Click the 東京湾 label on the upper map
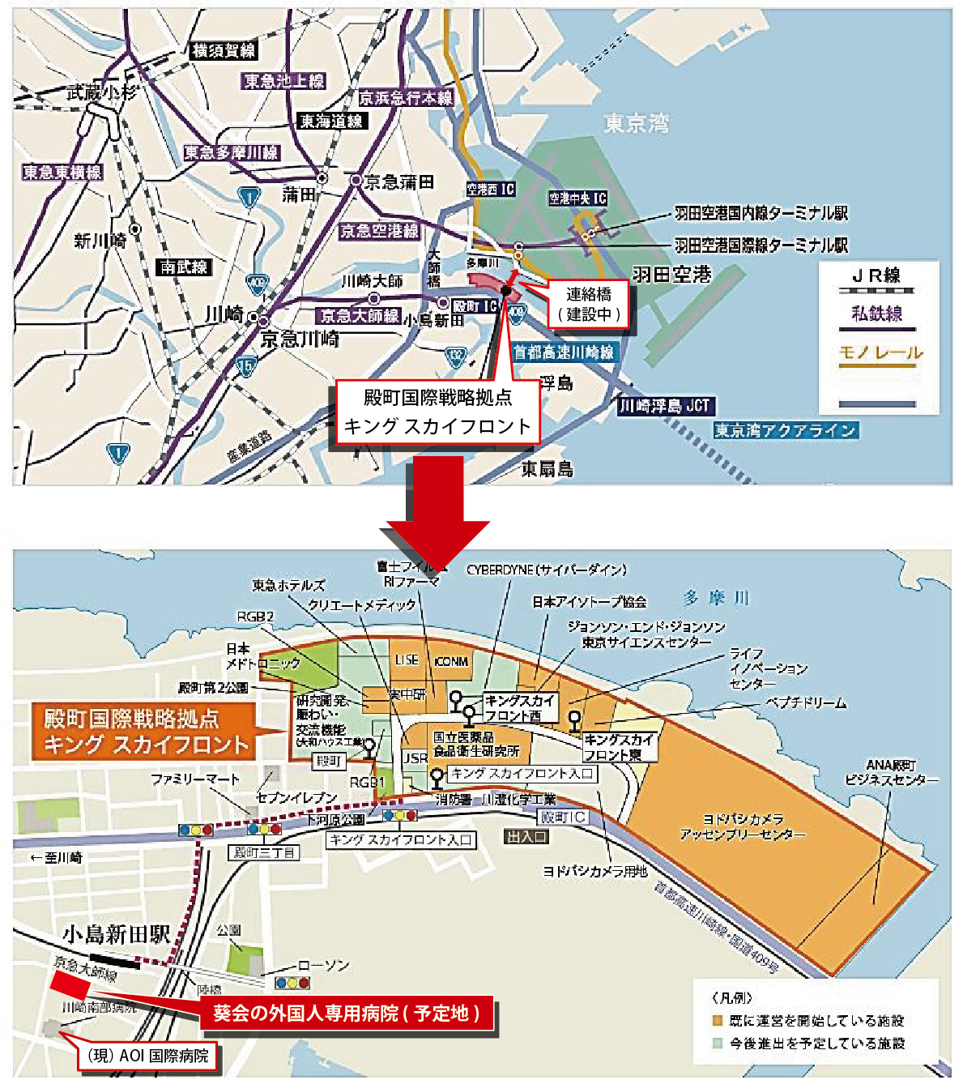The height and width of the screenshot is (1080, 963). pos(637,124)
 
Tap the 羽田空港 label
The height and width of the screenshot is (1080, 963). pos(671,275)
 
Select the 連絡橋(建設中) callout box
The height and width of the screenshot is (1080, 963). pos(589,305)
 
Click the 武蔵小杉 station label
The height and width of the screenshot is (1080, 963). pos(100,92)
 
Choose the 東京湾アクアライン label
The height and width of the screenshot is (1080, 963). pos(785,430)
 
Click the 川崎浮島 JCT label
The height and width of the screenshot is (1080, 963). pos(666,406)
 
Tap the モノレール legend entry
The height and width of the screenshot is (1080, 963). pos(880,353)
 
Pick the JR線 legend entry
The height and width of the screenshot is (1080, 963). pos(876,275)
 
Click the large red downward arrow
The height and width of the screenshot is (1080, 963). pos(437,510)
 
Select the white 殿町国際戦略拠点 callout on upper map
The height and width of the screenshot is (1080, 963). pos(437,412)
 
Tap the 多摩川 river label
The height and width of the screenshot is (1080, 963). pos(716,599)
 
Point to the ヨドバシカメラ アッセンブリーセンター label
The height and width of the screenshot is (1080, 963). pos(743,826)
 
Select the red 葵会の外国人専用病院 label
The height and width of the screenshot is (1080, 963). pos(346,1014)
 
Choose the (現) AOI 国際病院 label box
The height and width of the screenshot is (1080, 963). pos(147,1056)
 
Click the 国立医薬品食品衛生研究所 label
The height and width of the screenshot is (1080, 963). pos(475,745)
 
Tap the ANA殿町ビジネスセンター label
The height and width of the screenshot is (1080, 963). pos(891,772)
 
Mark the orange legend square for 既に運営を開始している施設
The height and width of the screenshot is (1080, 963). pos(717,1021)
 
